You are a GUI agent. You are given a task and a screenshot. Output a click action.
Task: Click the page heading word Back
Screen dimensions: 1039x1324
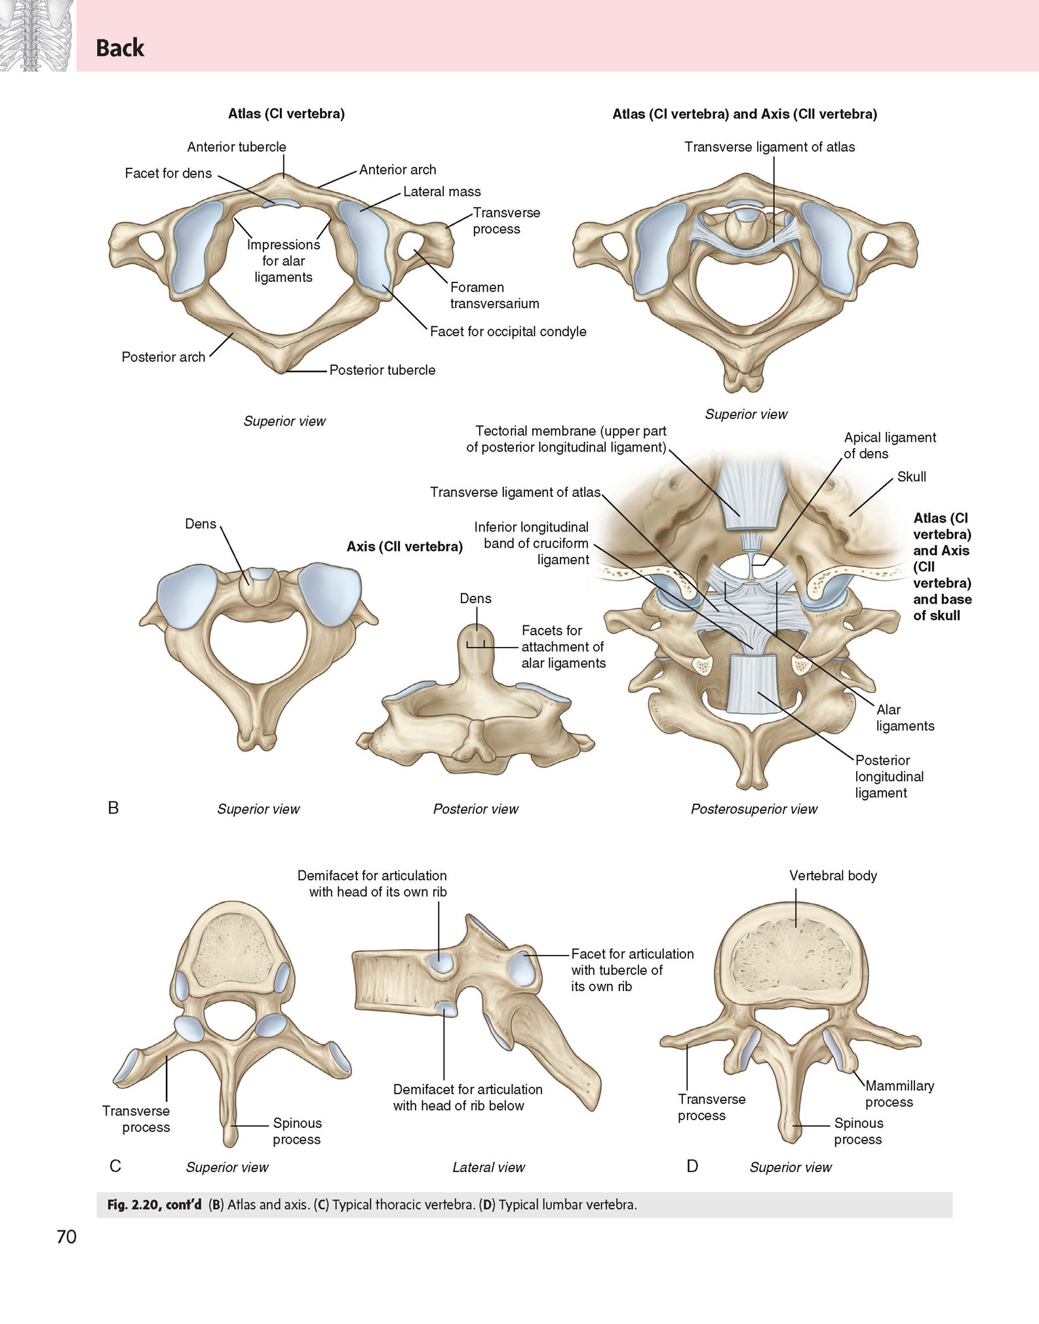120,48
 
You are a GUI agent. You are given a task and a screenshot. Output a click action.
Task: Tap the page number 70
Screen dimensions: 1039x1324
67,1237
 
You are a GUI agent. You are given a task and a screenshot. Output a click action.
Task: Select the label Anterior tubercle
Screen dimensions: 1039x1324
237,147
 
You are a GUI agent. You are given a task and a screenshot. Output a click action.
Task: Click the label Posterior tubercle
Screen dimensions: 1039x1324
382,370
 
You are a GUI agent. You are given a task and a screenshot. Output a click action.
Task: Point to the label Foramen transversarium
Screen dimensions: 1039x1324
495,296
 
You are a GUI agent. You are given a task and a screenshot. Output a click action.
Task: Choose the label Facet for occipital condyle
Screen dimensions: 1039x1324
508,332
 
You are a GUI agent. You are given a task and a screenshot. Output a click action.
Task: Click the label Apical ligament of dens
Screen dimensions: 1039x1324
890,446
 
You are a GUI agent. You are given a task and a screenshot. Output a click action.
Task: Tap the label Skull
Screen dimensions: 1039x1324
911,477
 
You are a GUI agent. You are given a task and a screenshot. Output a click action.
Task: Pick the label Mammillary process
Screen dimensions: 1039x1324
899,1094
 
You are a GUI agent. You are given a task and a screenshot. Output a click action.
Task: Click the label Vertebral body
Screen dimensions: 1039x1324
833,876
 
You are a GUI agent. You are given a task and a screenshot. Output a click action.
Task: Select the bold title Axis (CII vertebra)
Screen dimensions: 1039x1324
404,547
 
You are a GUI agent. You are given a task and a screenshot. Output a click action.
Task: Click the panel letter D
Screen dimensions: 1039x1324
692,1166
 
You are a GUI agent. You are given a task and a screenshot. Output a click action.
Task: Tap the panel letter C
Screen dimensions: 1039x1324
115,1166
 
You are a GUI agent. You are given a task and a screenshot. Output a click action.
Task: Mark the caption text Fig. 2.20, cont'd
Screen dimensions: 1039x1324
154,1205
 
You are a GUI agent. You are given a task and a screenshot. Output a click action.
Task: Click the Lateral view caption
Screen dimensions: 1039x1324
488,1167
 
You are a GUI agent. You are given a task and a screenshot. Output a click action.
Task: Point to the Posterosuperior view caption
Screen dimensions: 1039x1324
754,809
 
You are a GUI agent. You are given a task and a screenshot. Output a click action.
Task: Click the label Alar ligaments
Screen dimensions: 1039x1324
905,718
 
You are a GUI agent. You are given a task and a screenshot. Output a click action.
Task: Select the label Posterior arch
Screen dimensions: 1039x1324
163,357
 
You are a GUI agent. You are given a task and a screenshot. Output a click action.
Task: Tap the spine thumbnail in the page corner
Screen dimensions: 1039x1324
38,35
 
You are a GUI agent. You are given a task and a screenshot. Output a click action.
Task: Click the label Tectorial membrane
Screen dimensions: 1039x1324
571,431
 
